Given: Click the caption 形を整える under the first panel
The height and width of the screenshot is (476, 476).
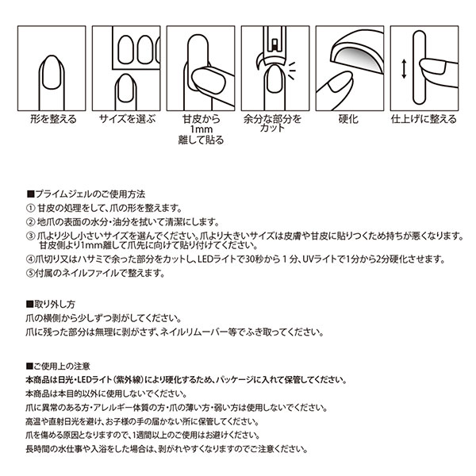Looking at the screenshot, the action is click(x=53, y=119).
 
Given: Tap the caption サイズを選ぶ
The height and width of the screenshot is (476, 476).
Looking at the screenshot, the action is click(x=127, y=119).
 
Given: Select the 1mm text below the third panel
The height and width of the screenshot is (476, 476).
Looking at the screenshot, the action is click(x=201, y=129).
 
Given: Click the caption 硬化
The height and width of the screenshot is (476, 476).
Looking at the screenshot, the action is click(x=348, y=119).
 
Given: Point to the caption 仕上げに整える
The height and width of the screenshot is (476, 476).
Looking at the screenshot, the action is click(x=424, y=119).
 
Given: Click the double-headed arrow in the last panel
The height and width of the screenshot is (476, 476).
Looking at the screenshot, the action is click(x=404, y=69).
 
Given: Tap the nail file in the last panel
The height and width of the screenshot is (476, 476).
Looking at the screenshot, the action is click(x=419, y=67).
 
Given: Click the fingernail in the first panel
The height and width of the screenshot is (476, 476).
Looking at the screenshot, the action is click(x=52, y=72).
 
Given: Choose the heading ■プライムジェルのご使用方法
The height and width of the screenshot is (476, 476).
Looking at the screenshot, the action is click(x=86, y=194).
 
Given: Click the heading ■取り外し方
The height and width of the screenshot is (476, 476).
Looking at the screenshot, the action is click(x=51, y=304).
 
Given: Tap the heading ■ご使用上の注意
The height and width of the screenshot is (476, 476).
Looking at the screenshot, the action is click(x=58, y=367).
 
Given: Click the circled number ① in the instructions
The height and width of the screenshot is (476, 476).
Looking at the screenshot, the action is click(x=31, y=208).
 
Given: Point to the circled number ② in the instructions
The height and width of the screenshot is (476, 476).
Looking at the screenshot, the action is click(x=31, y=222).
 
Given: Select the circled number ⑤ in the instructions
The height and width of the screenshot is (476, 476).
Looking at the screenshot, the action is click(x=30, y=273).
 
